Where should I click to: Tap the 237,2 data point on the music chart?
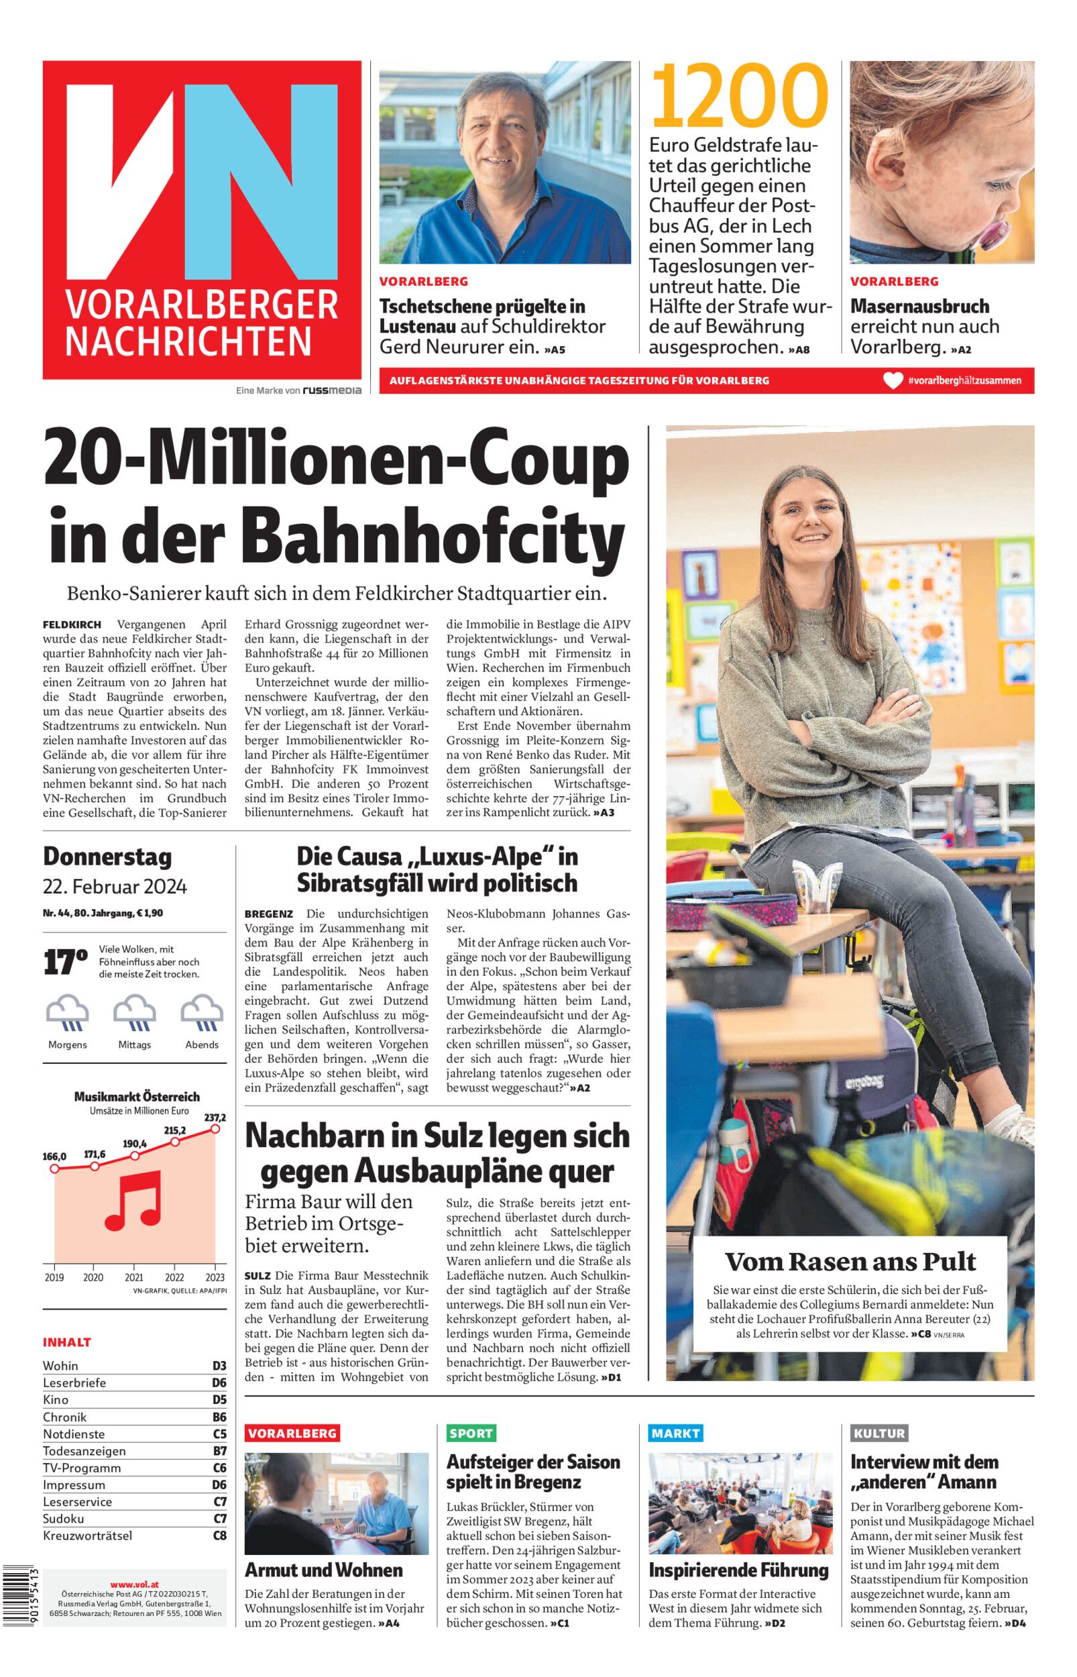pos(216,1128)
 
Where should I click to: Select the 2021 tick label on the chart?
pos(133,1277)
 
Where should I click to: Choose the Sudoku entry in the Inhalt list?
pos(63,1518)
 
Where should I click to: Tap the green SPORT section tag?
pos(471,1433)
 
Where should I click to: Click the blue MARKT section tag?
pos(675,1433)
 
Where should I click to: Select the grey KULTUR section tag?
pos(879,1433)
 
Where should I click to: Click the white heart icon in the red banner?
pos(893,381)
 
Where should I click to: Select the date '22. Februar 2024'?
pos(115,887)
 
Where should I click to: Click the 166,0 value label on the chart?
pos(54,1156)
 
